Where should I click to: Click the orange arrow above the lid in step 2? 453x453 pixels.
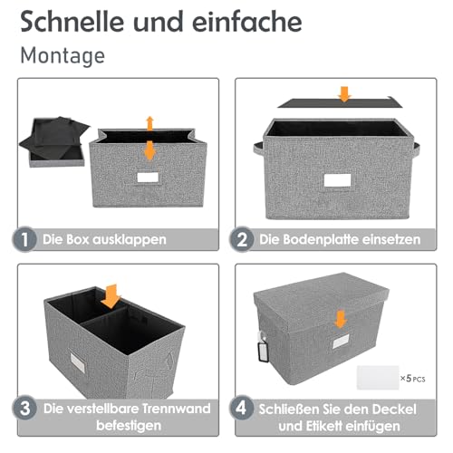point(342,94)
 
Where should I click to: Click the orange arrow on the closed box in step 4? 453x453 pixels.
point(341,318)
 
